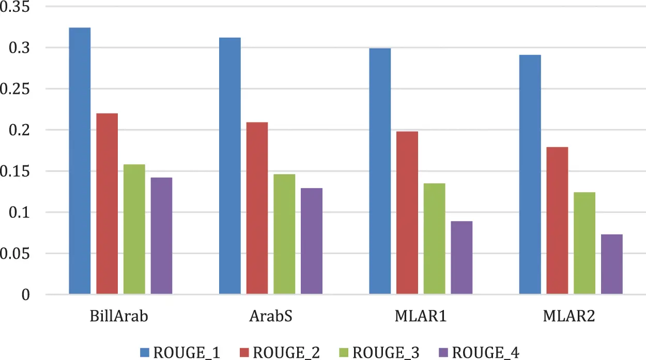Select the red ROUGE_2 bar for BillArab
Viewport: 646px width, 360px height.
(107, 204)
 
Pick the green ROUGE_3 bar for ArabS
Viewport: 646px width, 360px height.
(284, 234)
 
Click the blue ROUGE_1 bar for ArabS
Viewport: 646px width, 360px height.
(230, 166)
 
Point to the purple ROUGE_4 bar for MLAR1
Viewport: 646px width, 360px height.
(462, 258)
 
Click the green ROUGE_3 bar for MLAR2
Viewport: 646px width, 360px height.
(585, 243)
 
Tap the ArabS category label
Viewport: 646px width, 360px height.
(270, 316)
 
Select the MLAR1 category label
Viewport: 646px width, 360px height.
(420, 316)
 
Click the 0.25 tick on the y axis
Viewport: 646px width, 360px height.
(16, 89)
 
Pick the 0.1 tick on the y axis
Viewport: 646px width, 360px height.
(21, 212)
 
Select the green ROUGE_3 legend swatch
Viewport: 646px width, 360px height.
(343, 353)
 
